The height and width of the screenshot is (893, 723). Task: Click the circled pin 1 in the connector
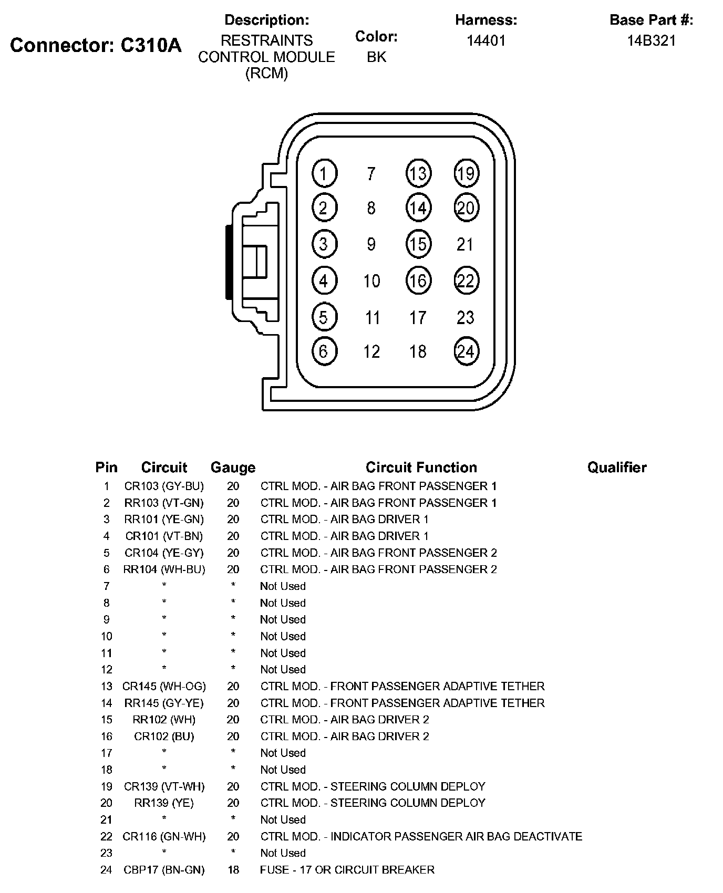tap(324, 173)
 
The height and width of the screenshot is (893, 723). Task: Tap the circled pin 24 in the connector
tap(466, 351)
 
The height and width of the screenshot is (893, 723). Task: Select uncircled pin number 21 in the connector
tap(465, 244)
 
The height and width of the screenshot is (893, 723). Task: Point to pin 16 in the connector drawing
tap(418, 281)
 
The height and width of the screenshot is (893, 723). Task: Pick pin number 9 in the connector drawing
tap(371, 244)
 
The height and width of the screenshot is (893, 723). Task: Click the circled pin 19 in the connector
tap(466, 173)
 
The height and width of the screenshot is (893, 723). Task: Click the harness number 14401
tap(486, 40)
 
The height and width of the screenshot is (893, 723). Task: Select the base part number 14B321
tap(651, 40)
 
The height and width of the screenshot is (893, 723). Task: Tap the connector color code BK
tap(376, 57)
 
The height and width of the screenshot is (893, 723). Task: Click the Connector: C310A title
tap(96, 46)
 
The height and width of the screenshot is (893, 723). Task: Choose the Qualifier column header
tap(617, 467)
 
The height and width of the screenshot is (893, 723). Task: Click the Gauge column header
tap(233, 467)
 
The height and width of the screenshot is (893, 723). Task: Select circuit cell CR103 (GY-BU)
tap(164, 486)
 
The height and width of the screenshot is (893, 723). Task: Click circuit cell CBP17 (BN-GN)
tap(164, 870)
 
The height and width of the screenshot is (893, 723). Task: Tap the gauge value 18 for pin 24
tap(233, 870)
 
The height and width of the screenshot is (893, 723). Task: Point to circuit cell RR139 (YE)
tap(164, 803)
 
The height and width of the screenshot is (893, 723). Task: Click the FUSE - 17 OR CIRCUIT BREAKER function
tap(347, 870)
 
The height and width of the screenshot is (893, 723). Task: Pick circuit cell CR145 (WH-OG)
tap(164, 686)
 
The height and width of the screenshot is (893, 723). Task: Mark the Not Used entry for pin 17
tap(283, 753)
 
